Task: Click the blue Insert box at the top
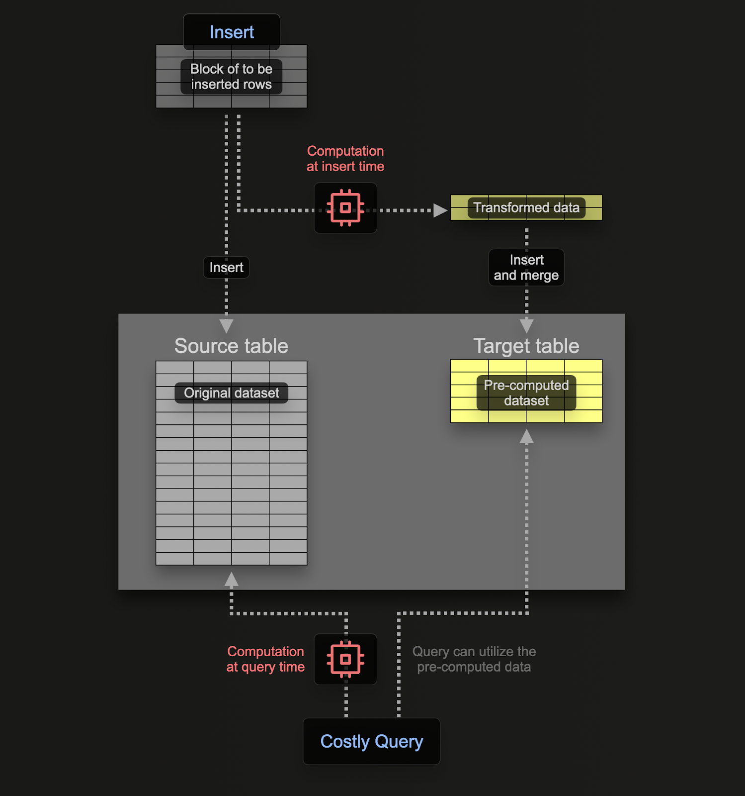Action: pyautogui.click(x=232, y=32)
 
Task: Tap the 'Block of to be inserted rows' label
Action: pyautogui.click(x=231, y=77)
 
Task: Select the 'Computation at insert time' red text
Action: pyautogui.click(x=345, y=159)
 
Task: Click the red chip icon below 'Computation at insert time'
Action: pyautogui.click(x=345, y=208)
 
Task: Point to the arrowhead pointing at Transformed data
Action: pyautogui.click(x=440, y=210)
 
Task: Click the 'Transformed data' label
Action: pyautogui.click(x=526, y=207)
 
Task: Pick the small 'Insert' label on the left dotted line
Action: pyautogui.click(x=226, y=268)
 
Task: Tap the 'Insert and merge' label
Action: pyautogui.click(x=526, y=268)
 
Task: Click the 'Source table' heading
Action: pyautogui.click(x=231, y=346)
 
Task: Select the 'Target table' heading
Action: pyautogui.click(x=526, y=346)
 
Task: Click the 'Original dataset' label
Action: pyautogui.click(x=231, y=393)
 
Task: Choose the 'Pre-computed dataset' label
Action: pyautogui.click(x=526, y=393)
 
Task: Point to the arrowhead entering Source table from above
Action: pyautogui.click(x=227, y=326)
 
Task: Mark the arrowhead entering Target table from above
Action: pyautogui.click(x=526, y=326)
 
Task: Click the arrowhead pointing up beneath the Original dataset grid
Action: pyautogui.click(x=232, y=579)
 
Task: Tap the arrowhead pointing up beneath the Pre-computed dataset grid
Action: pyautogui.click(x=526, y=437)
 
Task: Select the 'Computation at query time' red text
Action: pyautogui.click(x=265, y=659)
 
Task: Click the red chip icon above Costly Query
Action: pyautogui.click(x=345, y=659)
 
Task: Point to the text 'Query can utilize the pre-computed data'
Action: pyautogui.click(x=474, y=659)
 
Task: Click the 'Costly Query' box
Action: pyautogui.click(x=371, y=741)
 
